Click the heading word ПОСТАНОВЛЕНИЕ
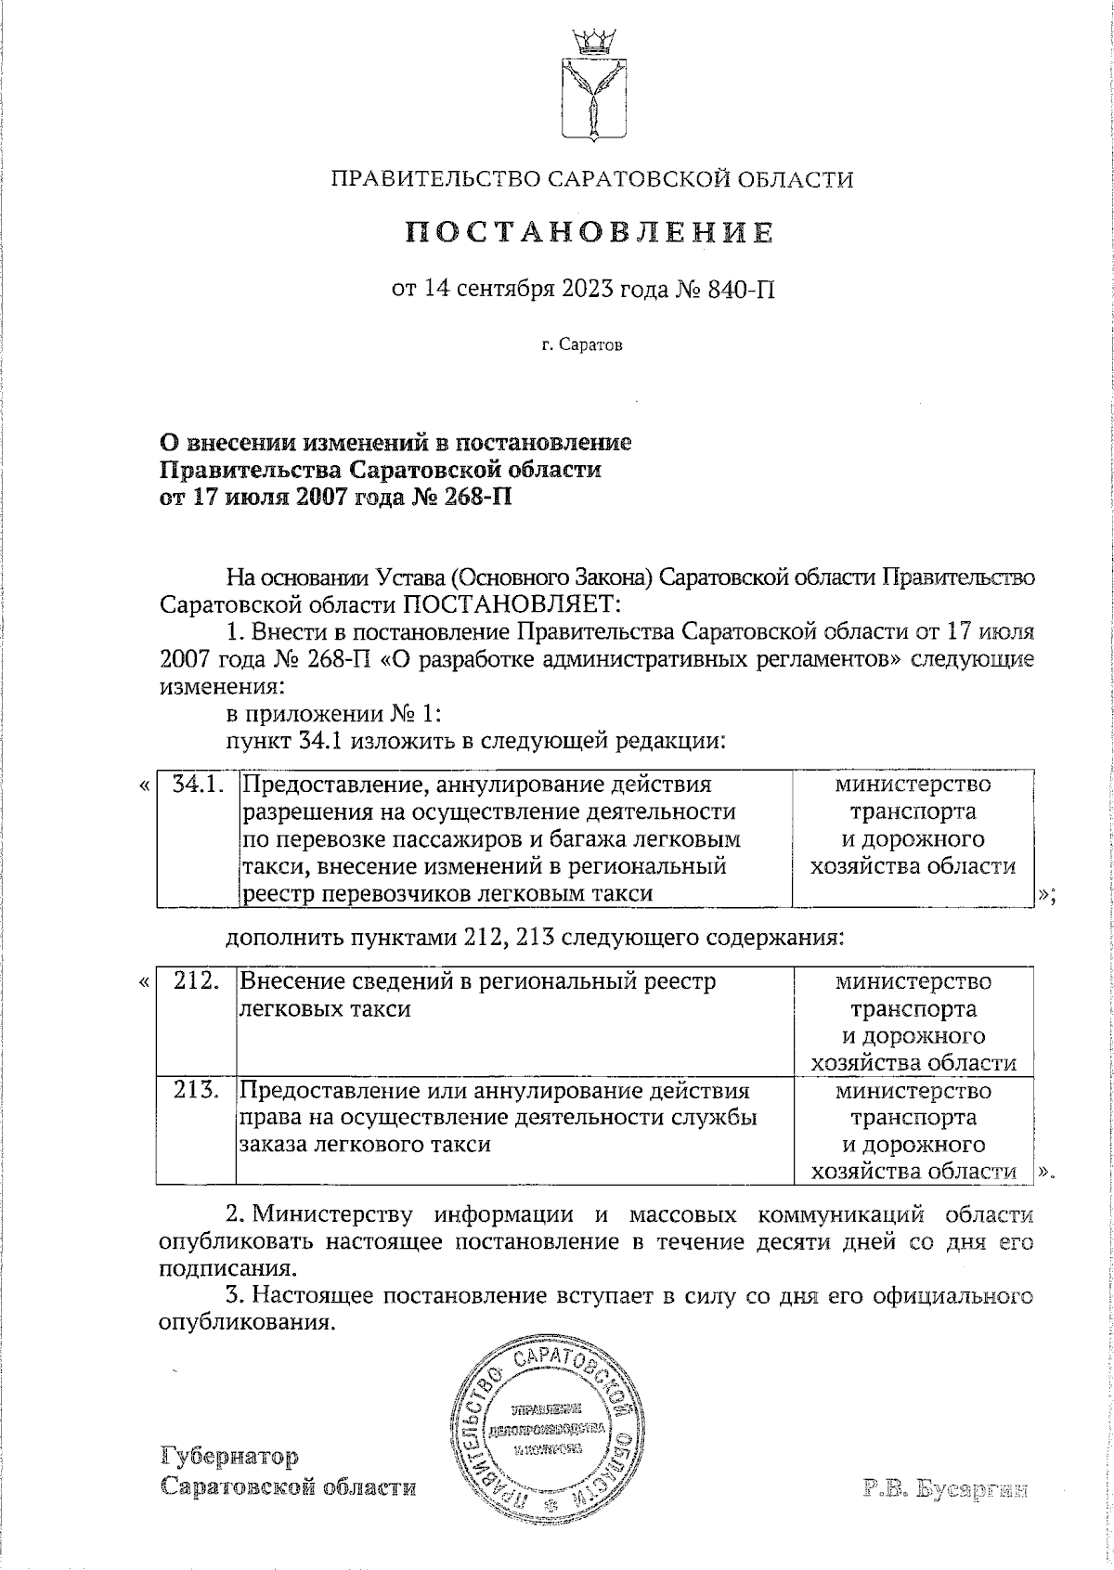pyautogui.click(x=590, y=231)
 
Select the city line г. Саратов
pyautogui.click(x=583, y=345)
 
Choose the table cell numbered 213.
pyautogui.click(x=196, y=1091)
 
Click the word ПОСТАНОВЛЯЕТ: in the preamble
pyautogui.click(x=509, y=606)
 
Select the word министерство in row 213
pyautogui.click(x=913, y=1091)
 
